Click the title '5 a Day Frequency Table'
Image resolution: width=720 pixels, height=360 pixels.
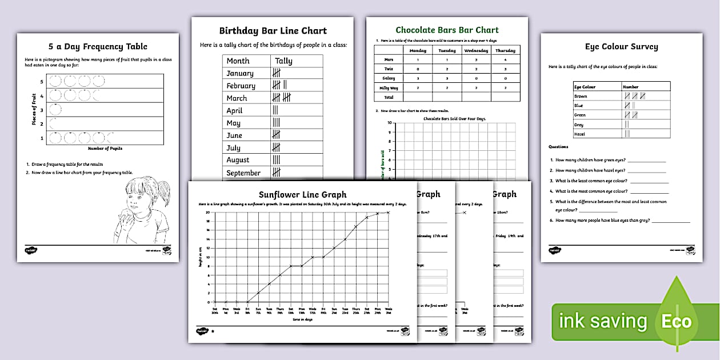click(98, 47)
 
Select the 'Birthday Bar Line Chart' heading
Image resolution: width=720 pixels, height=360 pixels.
click(273, 31)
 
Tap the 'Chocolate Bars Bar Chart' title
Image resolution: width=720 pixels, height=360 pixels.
click(447, 30)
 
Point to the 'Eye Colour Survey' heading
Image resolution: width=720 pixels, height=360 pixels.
click(621, 47)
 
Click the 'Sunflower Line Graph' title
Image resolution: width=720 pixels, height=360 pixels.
click(302, 195)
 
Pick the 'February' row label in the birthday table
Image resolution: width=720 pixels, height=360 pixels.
click(241, 86)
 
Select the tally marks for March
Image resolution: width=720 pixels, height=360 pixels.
click(282, 98)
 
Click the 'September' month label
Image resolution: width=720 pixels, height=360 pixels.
click(243, 173)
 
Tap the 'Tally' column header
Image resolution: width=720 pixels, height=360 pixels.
click(283, 61)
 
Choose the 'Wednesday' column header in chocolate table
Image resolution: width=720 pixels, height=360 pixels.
click(475, 50)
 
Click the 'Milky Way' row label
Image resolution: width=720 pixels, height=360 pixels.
click(389, 87)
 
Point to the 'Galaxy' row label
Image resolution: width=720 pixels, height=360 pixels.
click(389, 78)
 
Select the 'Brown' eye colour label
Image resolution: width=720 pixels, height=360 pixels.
click(581, 97)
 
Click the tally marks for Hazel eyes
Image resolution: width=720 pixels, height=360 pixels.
click(627, 134)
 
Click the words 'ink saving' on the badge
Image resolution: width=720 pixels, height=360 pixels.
click(604, 322)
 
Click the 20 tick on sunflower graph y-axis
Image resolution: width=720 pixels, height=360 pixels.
click(209, 212)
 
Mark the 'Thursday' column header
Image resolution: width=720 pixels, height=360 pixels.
click(505, 50)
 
